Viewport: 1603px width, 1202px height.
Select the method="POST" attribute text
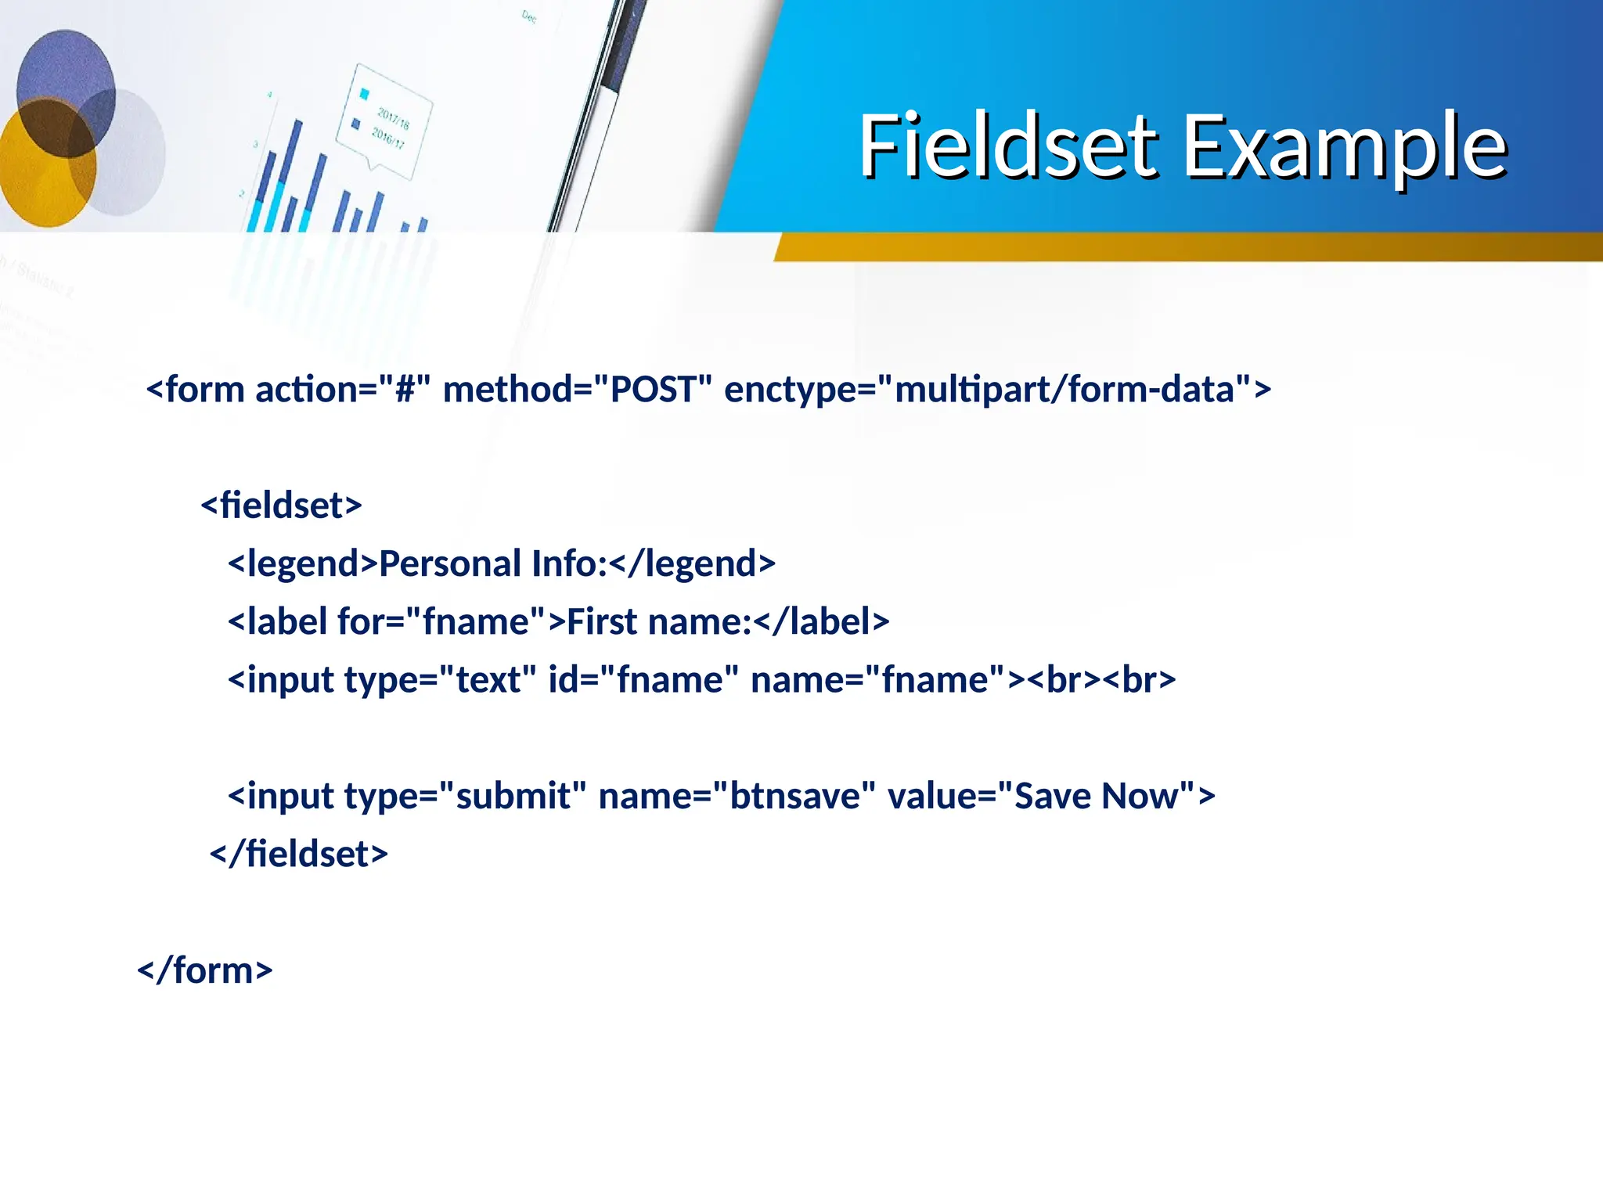point(578,389)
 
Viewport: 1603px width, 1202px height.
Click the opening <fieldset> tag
point(282,505)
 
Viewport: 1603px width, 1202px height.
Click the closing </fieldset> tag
point(299,854)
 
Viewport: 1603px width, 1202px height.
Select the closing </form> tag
point(205,970)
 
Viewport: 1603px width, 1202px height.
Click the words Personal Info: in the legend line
point(493,563)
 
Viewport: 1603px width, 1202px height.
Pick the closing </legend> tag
point(692,563)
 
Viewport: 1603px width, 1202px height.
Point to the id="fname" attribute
point(643,679)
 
